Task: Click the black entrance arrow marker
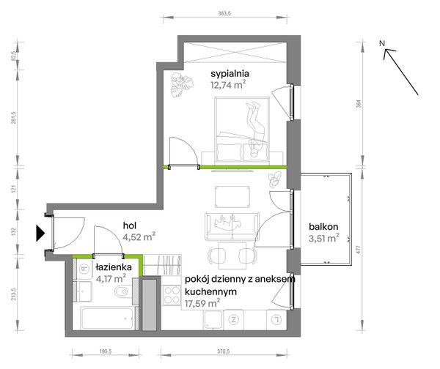coord(40,233)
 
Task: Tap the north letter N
coord(382,43)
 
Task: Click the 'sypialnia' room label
coord(230,74)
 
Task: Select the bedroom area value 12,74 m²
coord(228,85)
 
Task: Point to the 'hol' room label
coord(129,225)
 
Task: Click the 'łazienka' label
coord(114,266)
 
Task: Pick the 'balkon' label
coord(323,226)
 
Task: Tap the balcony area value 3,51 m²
coord(324,238)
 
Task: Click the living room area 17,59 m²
coord(202,303)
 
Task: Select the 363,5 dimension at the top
coord(224,13)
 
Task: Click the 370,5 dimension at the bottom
coord(224,351)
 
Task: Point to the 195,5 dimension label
coord(106,351)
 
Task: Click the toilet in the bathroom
coord(123,291)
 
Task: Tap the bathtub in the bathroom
coord(109,318)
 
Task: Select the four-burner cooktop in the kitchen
coord(172,295)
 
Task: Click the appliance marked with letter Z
coord(233,319)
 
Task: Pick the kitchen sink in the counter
coord(213,319)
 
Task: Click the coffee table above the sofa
coord(232,197)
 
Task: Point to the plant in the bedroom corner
coord(182,85)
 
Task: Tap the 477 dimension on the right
coord(358,250)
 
